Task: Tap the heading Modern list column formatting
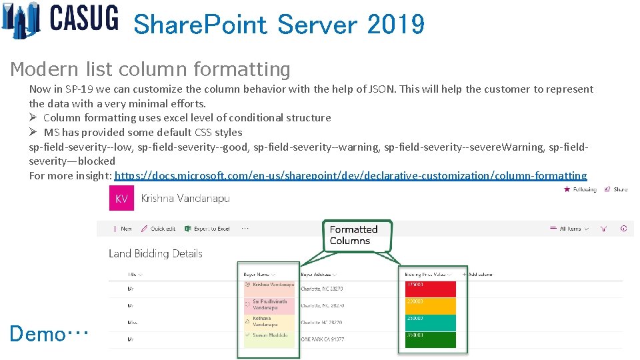click(x=151, y=69)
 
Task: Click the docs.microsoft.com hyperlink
click(x=351, y=175)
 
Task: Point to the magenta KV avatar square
click(x=122, y=199)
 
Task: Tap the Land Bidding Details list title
click(x=155, y=253)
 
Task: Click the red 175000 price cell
click(x=429, y=289)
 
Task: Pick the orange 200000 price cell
click(x=429, y=305)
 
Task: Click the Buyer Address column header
click(x=318, y=274)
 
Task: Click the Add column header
click(x=480, y=274)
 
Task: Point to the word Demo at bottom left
click(x=37, y=333)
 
